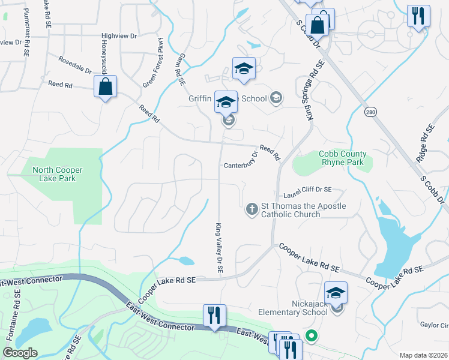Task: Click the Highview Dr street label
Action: click(119, 37)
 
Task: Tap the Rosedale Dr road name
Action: click(75, 65)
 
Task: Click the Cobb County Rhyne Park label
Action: click(342, 158)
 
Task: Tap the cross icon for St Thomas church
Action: click(253, 209)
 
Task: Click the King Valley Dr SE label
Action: click(219, 248)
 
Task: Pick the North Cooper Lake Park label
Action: click(58, 174)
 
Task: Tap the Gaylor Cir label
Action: click(435, 325)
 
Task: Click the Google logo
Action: click(21, 353)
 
